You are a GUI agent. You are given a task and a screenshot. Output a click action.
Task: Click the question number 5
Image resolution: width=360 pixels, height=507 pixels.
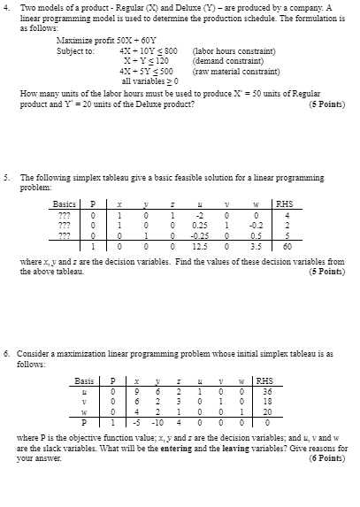coord(7,177)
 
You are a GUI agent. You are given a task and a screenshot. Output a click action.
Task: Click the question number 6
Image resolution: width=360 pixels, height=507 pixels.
coord(7,354)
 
